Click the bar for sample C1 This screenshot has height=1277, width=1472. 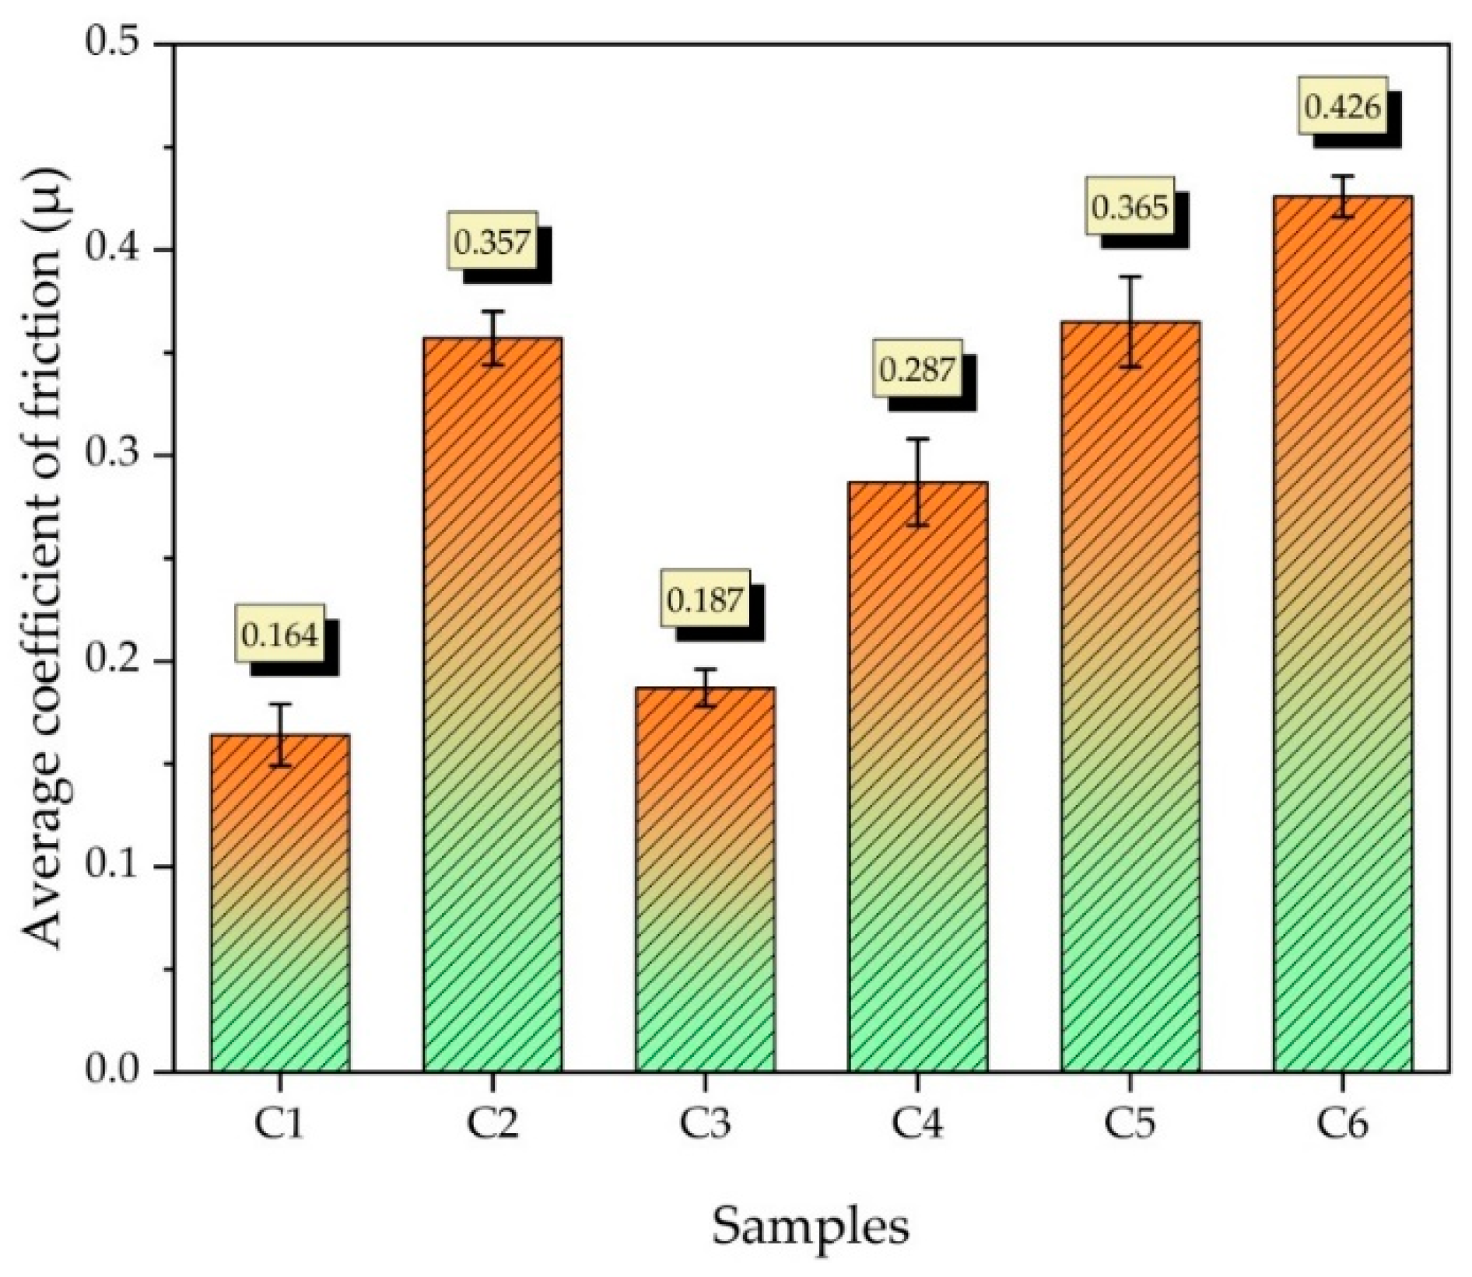[x=280, y=902]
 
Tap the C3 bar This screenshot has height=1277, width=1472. [x=705, y=879]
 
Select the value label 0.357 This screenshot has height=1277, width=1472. [x=492, y=241]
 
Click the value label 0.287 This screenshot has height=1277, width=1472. [x=916, y=369]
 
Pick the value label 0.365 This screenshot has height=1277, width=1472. [x=1130, y=208]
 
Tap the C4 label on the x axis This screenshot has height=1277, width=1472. [x=918, y=1125]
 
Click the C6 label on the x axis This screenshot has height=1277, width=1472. [x=1343, y=1125]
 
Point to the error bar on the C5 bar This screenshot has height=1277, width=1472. [x=1130, y=321]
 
